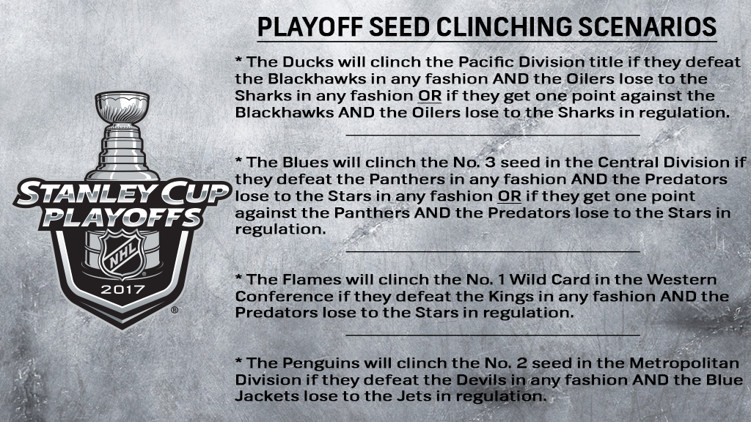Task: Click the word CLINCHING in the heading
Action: pos(504,27)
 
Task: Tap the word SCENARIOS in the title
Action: pos(648,27)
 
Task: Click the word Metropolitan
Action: pos(684,363)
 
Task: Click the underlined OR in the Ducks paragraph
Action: pos(430,96)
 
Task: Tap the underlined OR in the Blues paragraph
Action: pos(509,196)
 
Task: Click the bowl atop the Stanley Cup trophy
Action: pos(122,107)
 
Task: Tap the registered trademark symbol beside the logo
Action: pos(175,310)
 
